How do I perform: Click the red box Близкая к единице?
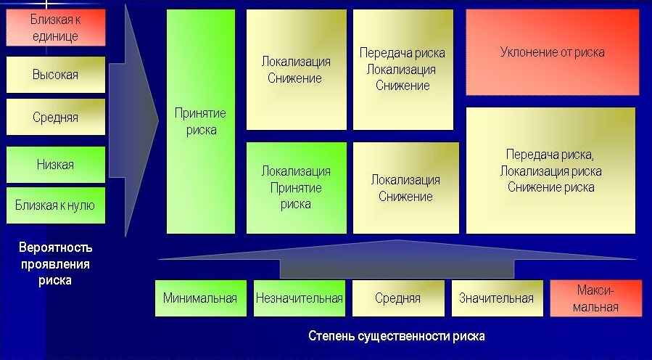[x=56, y=28]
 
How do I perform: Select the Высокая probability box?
[x=56, y=75]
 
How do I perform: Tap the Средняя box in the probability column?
[x=56, y=117]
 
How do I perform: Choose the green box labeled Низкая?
[x=56, y=164]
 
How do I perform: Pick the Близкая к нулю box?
[x=56, y=205]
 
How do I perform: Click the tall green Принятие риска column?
[x=201, y=121]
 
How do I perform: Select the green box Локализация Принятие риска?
[x=297, y=188]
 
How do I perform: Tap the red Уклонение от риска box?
[x=552, y=52]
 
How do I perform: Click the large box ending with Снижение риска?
[x=550, y=171]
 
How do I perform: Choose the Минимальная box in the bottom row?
[x=200, y=298]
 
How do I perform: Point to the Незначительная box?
[x=300, y=298]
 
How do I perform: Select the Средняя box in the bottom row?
[x=398, y=298]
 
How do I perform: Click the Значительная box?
[x=497, y=298]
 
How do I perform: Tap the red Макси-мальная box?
[x=596, y=298]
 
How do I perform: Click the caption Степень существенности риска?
[x=397, y=336]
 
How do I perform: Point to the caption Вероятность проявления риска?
[x=55, y=264]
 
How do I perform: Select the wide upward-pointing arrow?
[x=397, y=259]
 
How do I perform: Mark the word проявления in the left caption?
[x=55, y=265]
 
